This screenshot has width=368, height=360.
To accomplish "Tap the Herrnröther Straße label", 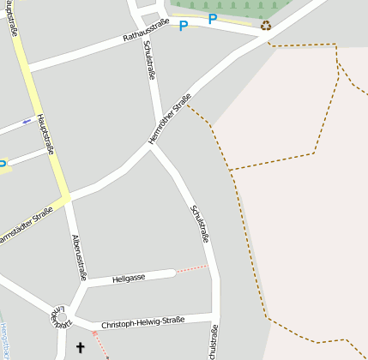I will tap(169, 116).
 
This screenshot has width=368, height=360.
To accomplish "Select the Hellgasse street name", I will tap(128, 278).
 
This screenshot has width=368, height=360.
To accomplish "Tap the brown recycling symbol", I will tap(266, 27).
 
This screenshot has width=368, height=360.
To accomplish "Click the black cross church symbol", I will tap(81, 347).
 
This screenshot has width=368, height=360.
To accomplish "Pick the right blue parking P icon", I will tap(212, 19).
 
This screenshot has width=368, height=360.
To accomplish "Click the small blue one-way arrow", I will tap(27, 121).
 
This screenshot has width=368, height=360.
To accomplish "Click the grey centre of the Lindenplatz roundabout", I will tap(62, 318).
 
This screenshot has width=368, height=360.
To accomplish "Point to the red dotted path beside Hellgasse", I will tap(192, 268).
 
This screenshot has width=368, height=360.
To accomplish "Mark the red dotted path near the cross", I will tap(100, 345).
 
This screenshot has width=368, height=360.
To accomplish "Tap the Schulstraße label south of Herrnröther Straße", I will tap(201, 224).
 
